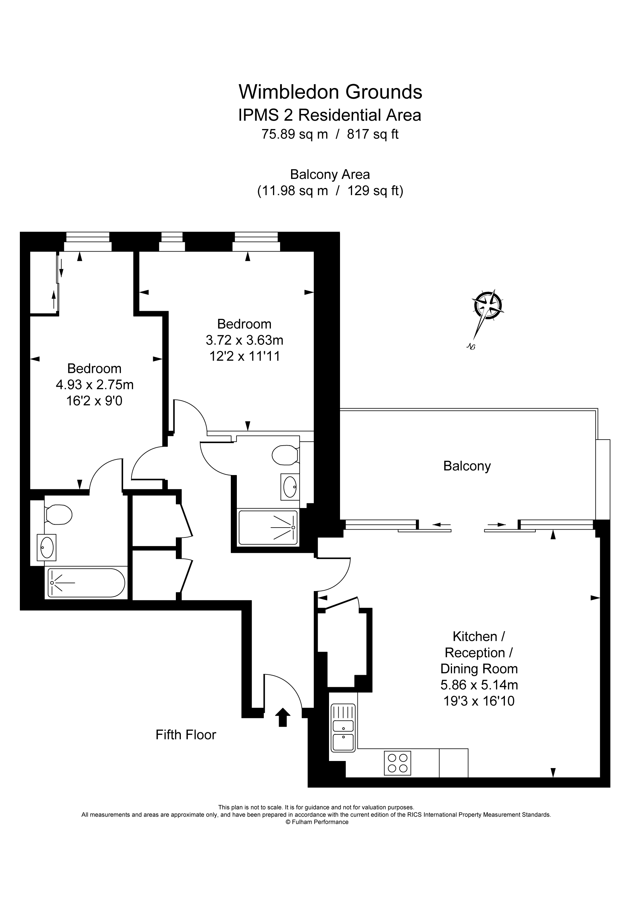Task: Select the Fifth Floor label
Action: (x=185, y=734)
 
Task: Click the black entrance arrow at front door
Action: (x=283, y=717)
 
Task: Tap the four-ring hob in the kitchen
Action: (x=397, y=763)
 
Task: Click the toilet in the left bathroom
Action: (x=59, y=514)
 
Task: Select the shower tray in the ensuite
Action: (x=268, y=528)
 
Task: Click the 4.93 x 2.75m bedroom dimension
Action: (x=94, y=385)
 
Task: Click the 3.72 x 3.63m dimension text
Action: (x=244, y=340)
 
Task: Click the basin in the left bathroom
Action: (x=46, y=547)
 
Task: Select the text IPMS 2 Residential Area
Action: (x=329, y=115)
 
